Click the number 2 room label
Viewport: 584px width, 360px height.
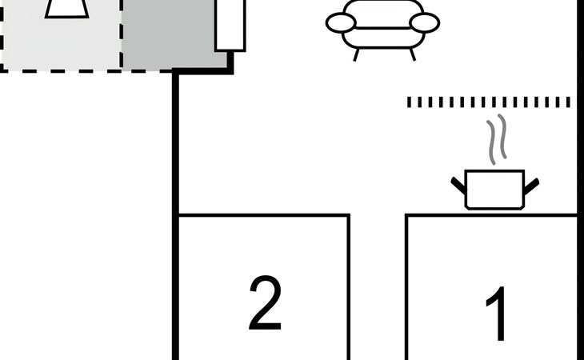[265, 302]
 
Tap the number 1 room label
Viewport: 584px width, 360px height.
[497, 314]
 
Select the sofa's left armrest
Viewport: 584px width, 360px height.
[341, 22]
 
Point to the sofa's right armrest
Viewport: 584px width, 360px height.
[425, 22]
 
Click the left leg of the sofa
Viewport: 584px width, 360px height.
[357, 54]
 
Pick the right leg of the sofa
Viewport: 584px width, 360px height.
[413, 54]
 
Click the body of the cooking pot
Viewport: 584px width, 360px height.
[495, 190]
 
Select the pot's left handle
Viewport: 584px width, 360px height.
[458, 186]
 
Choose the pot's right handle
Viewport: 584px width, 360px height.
[531, 186]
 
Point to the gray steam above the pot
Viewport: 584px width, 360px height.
[498, 139]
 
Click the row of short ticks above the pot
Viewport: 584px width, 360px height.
[489, 102]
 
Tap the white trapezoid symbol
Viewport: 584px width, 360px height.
[66, 9]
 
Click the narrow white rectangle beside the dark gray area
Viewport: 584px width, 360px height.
[230, 25]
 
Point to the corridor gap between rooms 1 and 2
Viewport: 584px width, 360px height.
[378, 287]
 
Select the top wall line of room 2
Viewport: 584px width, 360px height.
[264, 215]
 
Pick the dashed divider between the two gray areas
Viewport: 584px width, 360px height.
[122, 34]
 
